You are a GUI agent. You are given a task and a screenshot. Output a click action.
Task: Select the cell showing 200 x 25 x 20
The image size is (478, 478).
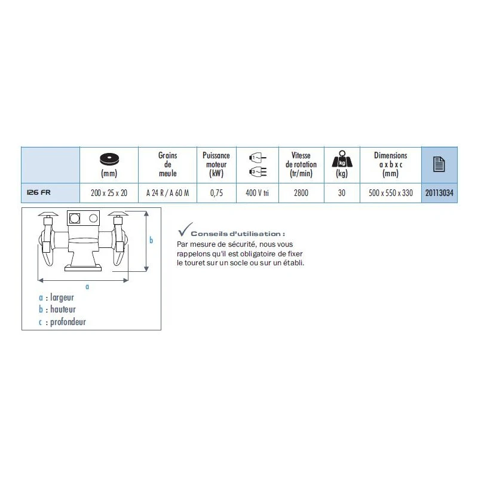[109, 193]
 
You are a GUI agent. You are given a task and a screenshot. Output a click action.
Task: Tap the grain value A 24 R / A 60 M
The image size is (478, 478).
[168, 193]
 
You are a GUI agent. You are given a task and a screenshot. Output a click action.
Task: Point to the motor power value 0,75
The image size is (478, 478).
[216, 193]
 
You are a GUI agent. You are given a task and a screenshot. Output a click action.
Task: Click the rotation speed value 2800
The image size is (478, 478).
[301, 193]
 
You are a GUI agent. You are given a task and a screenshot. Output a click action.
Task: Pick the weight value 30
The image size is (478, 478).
[341, 193]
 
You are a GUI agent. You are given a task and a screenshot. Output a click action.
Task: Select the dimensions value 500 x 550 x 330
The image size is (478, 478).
[390, 193]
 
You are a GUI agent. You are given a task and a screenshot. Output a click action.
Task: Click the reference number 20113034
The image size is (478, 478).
[440, 193]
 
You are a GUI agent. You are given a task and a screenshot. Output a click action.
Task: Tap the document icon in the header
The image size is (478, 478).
[440, 163]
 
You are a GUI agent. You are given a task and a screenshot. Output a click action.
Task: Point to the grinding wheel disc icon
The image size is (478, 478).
[109, 158]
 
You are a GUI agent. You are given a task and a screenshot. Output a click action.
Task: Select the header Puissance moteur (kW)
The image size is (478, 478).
[216, 164]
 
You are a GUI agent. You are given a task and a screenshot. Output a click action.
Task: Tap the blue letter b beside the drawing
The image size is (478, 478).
[151, 240]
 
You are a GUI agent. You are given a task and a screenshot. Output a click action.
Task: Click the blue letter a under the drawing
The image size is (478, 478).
[87, 287]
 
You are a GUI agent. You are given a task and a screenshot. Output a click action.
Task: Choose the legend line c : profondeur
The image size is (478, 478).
[62, 321]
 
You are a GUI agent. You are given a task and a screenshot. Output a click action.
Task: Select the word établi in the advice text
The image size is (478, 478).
[293, 262]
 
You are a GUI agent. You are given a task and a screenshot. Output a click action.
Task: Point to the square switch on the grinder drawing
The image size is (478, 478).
[75, 217]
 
